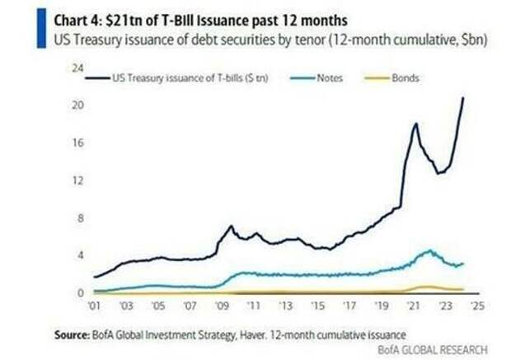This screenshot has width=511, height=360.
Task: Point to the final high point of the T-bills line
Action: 462,97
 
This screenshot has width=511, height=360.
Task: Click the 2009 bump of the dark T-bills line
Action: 232,226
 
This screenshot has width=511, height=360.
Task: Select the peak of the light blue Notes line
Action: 429,250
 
